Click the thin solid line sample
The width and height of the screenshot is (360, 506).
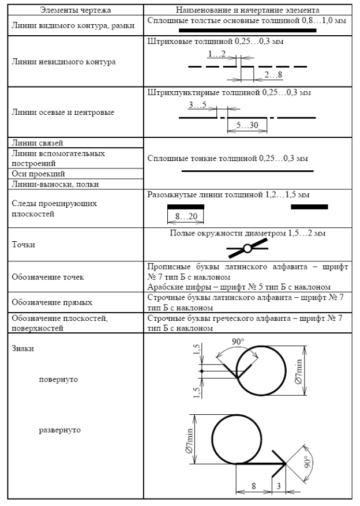247,171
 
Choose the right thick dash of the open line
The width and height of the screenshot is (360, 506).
309,207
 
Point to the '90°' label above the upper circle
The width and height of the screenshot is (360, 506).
238,342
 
